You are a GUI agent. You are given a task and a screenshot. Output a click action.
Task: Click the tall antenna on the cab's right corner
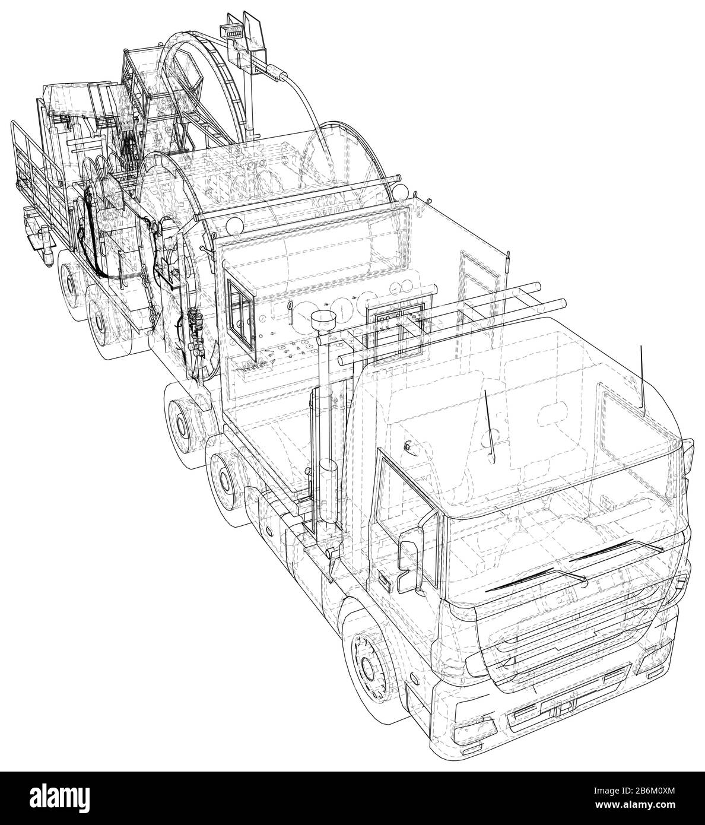click(x=642, y=380)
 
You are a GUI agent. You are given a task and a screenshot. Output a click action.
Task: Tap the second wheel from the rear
click(x=101, y=316)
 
